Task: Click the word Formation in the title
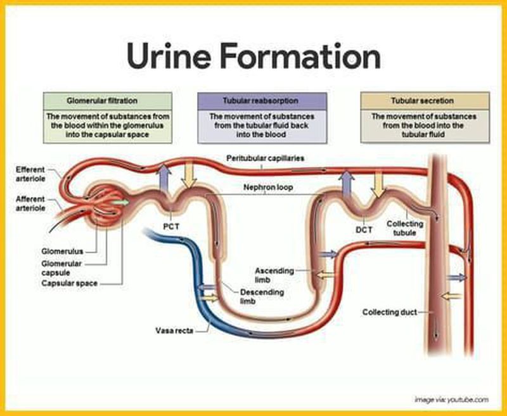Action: pos(302,56)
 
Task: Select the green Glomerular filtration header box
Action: pos(107,100)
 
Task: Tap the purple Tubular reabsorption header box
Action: pos(262,100)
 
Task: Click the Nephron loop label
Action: pos(266,188)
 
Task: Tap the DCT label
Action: pos(363,229)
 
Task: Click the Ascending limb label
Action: pos(274,275)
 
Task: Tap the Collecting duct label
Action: pos(388,312)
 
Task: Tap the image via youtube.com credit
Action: pos(451,399)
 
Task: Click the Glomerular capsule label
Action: pos(60,266)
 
